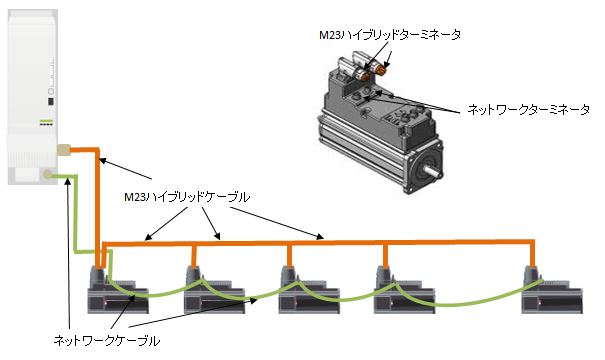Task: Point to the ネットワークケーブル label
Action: point(105,340)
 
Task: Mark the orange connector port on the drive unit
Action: point(63,150)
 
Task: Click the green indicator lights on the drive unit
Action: point(46,123)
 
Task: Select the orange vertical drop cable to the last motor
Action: point(529,254)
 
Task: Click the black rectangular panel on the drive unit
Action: point(49,101)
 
